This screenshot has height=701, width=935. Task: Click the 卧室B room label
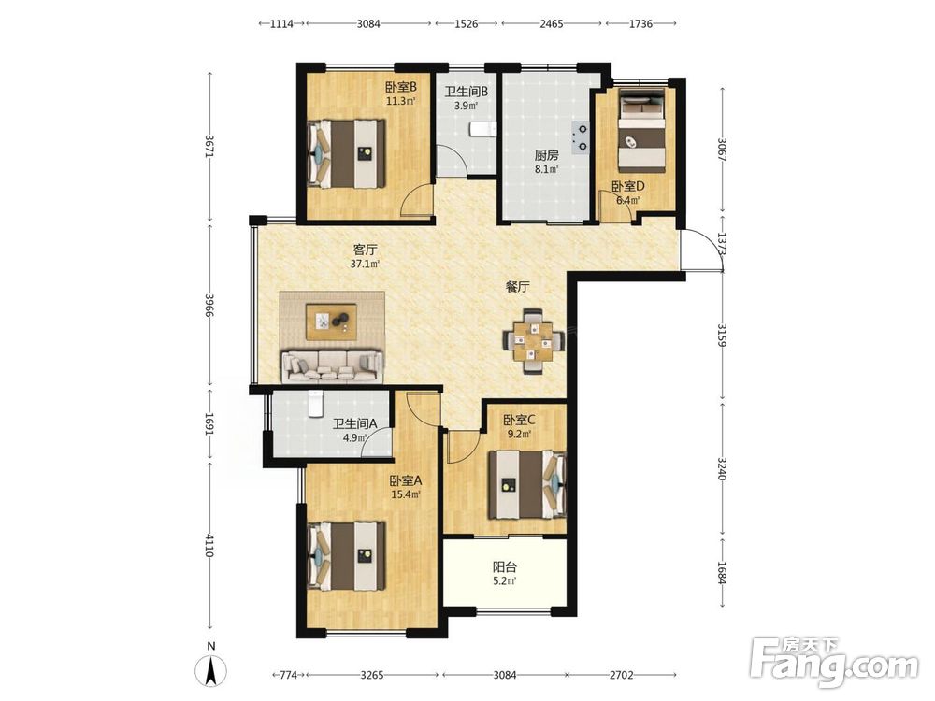coord(401,87)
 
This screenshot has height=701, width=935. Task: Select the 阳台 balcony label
coord(505,567)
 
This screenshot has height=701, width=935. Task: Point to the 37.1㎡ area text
coord(365,264)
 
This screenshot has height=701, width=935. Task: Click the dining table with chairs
coord(534,341)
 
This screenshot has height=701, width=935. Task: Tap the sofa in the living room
coord(332,366)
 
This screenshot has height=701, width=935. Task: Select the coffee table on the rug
coord(332,322)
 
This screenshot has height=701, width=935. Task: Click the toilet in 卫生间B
coord(483,129)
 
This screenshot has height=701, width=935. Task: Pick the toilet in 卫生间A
coord(315,404)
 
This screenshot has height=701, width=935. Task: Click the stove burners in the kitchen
coord(581,136)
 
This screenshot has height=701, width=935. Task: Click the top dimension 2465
coord(551,24)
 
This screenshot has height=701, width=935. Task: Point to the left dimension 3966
coord(209,305)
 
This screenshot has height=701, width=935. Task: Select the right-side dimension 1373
coord(722,244)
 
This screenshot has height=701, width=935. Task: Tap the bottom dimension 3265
coord(372,676)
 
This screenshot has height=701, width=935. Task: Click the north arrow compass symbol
coord(211,670)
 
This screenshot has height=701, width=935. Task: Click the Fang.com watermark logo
coord(835,663)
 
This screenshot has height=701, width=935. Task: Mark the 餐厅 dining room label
coord(518,287)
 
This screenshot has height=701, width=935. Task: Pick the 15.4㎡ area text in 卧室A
coord(406,494)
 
